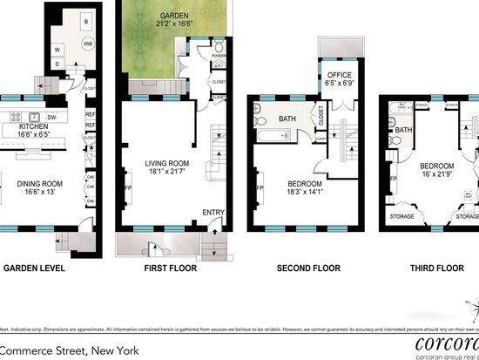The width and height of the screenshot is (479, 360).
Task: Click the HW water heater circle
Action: click(x=87, y=43)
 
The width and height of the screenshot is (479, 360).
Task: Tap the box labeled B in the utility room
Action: click(x=85, y=21)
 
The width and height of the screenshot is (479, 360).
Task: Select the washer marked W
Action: click(x=58, y=49)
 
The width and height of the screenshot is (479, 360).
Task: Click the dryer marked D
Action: click(x=57, y=64)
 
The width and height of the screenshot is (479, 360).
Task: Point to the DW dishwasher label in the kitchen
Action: click(x=52, y=118)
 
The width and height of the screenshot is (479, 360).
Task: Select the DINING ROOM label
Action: click(x=37, y=182)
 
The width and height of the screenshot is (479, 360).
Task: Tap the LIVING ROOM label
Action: click(x=165, y=162)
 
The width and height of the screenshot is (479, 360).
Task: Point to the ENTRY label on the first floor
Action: click(x=213, y=212)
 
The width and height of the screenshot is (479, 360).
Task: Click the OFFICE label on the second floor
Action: click(x=338, y=76)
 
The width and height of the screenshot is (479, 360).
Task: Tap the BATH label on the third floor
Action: click(x=402, y=132)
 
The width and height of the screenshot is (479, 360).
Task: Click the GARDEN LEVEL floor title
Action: click(x=35, y=268)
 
